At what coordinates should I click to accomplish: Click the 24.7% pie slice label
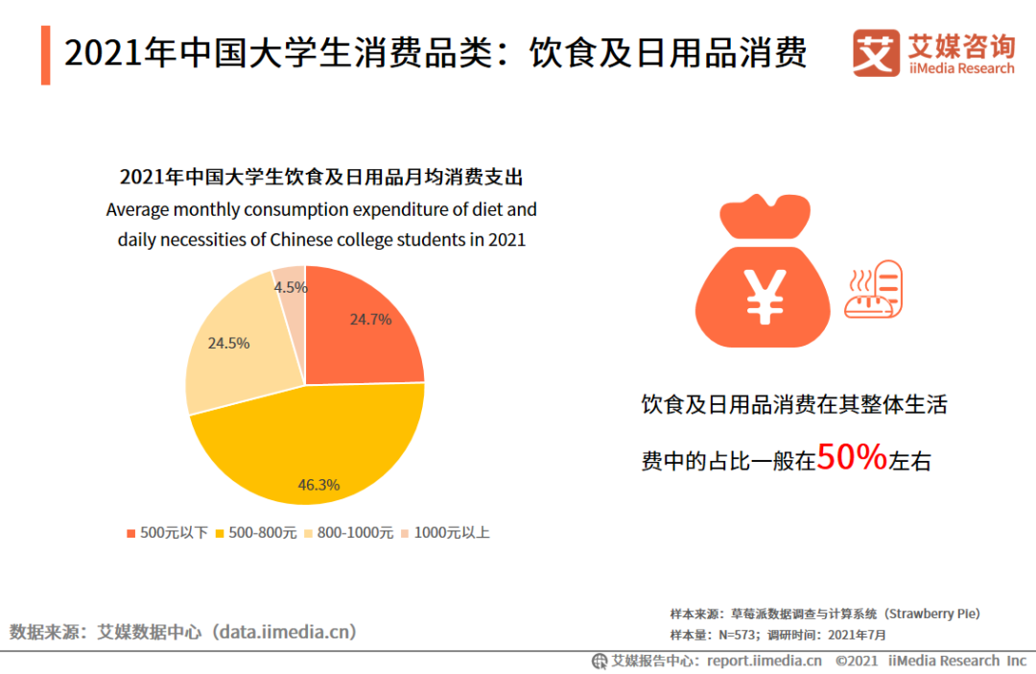click(x=370, y=320)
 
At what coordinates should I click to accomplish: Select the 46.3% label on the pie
click(x=318, y=485)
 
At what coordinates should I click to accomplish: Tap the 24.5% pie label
click(x=228, y=343)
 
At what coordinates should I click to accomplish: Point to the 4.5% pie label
click(x=291, y=287)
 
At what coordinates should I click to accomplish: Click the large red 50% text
click(x=852, y=459)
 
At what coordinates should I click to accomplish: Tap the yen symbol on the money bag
click(x=765, y=296)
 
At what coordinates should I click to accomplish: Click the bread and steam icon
click(x=872, y=289)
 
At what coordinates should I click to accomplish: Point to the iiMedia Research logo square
click(x=876, y=53)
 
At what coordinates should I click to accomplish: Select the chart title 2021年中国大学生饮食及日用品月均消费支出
click(x=321, y=178)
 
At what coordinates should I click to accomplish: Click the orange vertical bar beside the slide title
click(x=45, y=55)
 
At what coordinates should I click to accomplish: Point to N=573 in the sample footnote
click(x=739, y=635)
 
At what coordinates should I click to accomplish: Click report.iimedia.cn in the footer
click(x=765, y=661)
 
